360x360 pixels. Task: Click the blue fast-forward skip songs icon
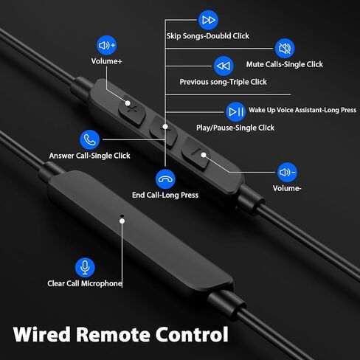point(208,20)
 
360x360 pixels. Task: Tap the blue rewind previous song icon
point(224,66)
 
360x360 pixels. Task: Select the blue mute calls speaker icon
point(285,49)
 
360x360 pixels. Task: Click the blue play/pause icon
point(236,112)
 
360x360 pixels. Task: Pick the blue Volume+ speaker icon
point(106,45)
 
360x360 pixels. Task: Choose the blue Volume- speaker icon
point(287,173)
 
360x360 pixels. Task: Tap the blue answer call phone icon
point(90,139)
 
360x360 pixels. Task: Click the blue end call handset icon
point(165,179)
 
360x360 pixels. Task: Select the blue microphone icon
point(85,268)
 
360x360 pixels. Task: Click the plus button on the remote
point(132,111)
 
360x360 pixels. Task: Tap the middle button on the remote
point(164,131)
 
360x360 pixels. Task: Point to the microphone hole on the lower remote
point(122,216)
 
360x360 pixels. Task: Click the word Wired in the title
point(42,334)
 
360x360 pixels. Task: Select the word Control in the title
point(192,334)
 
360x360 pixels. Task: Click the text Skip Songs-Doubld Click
point(208,36)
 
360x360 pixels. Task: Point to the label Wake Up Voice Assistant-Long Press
point(302,110)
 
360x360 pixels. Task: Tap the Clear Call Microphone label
point(85,283)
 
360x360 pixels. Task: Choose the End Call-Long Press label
point(165,195)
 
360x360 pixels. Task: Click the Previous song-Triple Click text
point(224,82)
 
